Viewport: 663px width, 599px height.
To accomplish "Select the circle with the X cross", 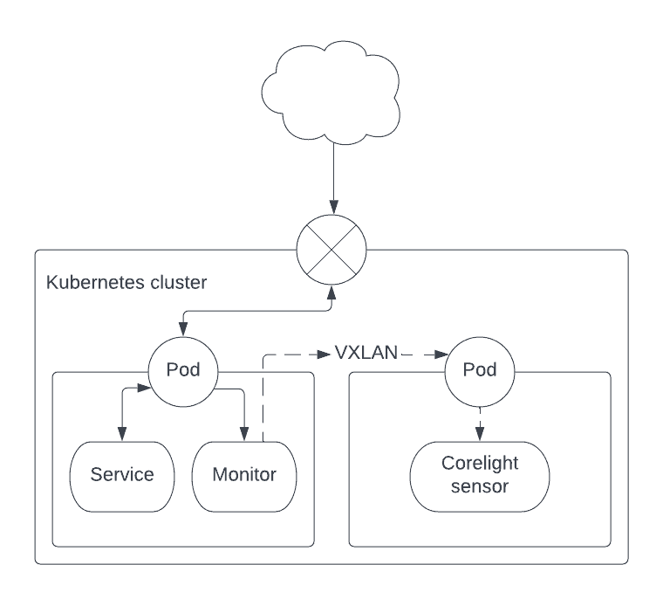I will pos(331,249).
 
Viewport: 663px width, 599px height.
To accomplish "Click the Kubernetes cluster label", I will pos(126,283).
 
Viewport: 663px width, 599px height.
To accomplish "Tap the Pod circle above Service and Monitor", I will pos(183,370).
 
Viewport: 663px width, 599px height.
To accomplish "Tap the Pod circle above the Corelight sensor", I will pos(479,370).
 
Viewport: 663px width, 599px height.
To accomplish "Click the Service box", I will pos(122,476).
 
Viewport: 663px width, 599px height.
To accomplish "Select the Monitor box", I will pos(244,476).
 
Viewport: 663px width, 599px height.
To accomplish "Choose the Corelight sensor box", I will pos(479,476).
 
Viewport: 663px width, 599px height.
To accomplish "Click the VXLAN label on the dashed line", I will pos(366,354).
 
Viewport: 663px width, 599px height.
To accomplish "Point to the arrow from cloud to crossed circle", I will pos(332,175).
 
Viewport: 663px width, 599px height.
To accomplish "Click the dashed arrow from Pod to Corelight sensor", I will pos(479,422).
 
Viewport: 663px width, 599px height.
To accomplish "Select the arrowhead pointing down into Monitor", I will pos(244,434).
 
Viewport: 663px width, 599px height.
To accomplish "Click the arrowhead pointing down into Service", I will pos(122,434).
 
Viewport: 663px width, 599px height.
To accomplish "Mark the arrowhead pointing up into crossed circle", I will pos(331,291).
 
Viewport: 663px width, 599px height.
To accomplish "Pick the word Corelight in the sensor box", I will pos(479,464).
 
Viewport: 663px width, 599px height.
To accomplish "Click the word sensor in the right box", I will pos(479,486).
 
